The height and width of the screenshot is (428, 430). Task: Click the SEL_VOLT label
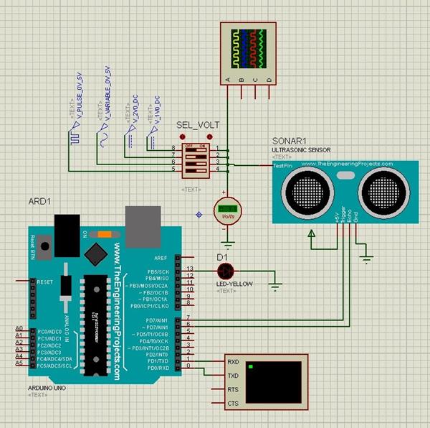tap(199, 125)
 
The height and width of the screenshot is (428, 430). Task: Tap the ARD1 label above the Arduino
tap(39, 200)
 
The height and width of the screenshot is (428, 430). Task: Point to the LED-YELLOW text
tap(234, 284)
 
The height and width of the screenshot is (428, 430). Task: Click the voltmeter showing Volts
tap(228, 210)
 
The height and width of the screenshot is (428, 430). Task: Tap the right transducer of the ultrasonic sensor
tap(381, 189)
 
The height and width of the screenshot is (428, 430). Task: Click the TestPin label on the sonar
tap(282, 165)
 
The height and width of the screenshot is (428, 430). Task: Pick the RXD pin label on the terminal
tap(233, 362)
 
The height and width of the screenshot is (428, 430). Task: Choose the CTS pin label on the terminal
tap(233, 404)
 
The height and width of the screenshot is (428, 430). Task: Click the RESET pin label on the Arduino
tap(46, 282)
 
